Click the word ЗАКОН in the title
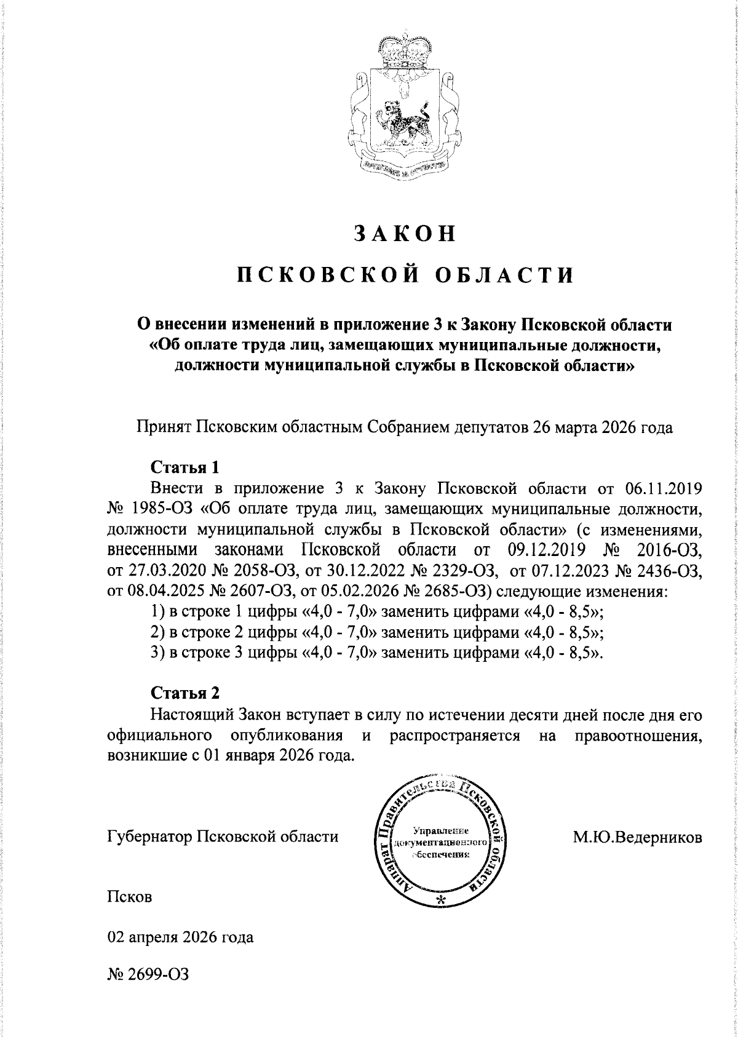pyautogui.click(x=405, y=233)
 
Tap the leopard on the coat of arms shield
pyautogui.click(x=403, y=121)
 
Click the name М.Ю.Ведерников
pyautogui.click(x=637, y=837)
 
